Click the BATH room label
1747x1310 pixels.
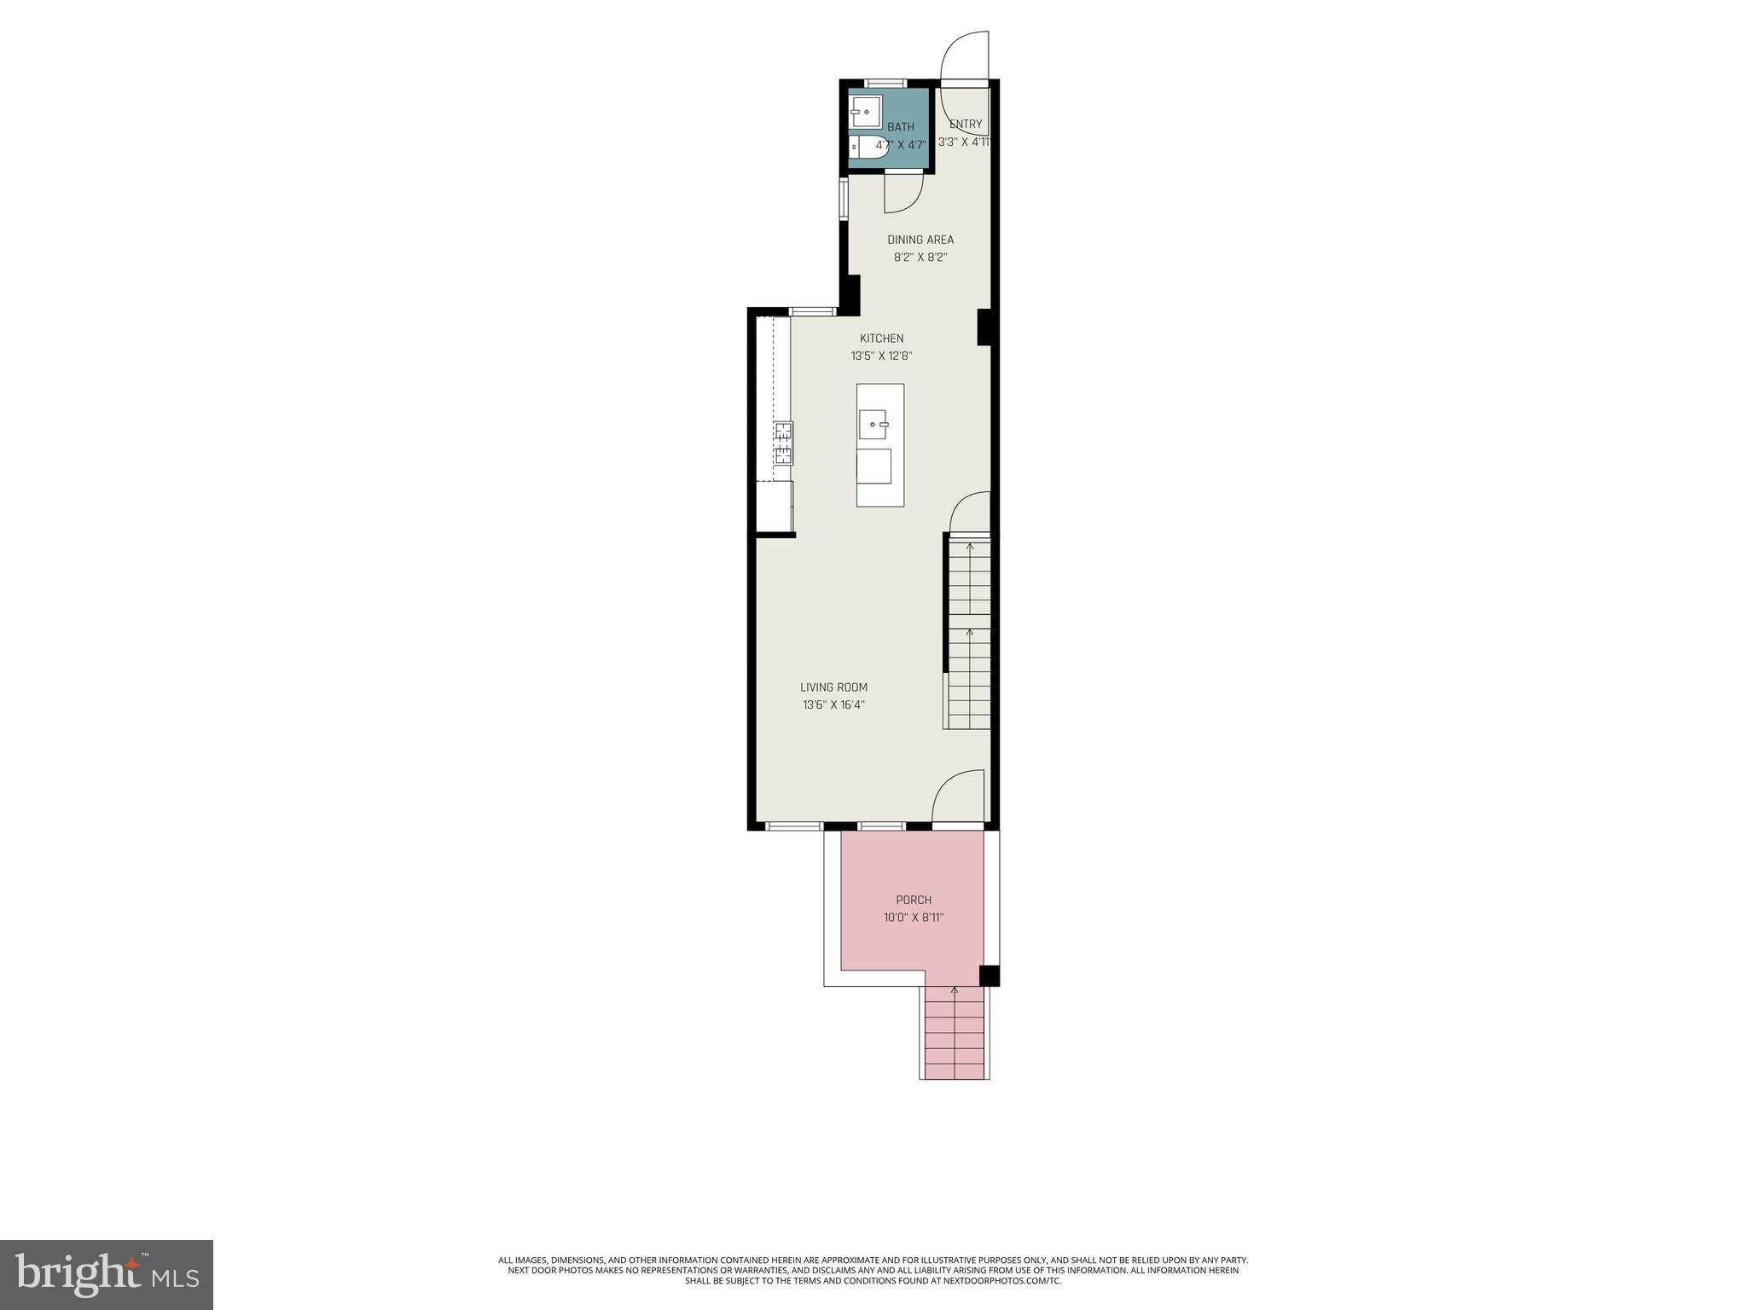900,127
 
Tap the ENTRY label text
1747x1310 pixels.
966,124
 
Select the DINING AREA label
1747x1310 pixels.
920,240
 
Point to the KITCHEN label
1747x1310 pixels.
881,339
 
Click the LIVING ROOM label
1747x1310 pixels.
833,687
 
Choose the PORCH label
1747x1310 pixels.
914,900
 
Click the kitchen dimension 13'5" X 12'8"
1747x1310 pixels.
881,356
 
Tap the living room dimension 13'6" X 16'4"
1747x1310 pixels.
833,705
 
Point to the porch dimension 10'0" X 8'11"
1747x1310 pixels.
914,918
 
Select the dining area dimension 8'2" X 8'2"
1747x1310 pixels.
920,257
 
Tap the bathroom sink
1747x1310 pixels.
864,112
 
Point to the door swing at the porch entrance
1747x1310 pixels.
957,798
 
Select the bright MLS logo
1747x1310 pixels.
106,1274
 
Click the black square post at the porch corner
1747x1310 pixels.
989,975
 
